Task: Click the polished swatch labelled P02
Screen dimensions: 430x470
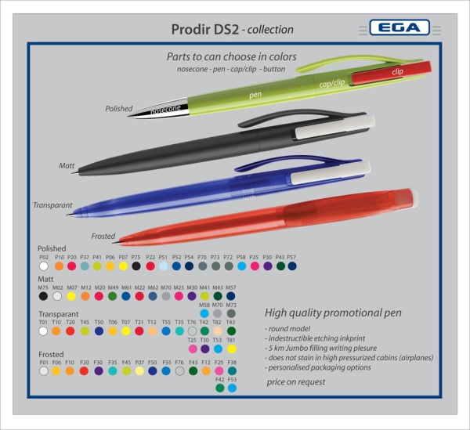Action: pos(44,266)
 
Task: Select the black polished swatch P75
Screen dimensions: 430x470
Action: pos(136,266)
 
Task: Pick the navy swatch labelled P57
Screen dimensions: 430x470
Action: pos(292,266)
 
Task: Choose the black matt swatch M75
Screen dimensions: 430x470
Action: pos(43,297)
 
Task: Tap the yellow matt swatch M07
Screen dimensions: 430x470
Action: pos(71,297)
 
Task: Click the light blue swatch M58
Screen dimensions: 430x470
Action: pos(204,313)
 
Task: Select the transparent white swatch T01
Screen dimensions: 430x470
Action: pos(43,331)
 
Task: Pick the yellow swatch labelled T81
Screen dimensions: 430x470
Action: pos(231,349)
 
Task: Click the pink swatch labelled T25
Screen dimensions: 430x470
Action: pos(192,349)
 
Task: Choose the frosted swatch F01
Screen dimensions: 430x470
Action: pos(43,371)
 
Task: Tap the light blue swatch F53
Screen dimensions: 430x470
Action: pos(232,387)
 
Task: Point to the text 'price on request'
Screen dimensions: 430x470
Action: pos(295,382)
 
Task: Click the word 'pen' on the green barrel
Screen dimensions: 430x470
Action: pos(255,94)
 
